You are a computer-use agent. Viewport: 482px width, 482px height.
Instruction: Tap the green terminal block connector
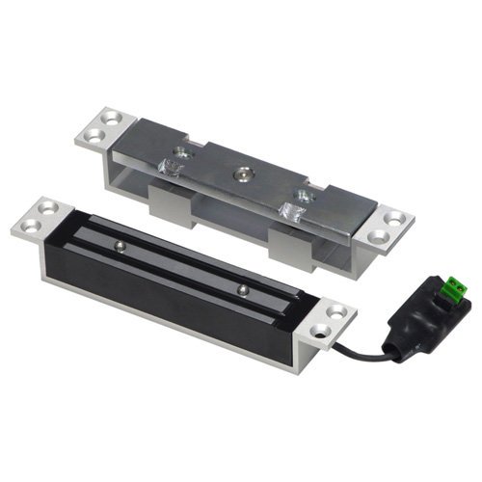tap(455, 287)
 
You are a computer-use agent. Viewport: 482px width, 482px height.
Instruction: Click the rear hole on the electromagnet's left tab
tap(49, 206)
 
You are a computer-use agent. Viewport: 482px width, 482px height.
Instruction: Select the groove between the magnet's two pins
tap(183, 269)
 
